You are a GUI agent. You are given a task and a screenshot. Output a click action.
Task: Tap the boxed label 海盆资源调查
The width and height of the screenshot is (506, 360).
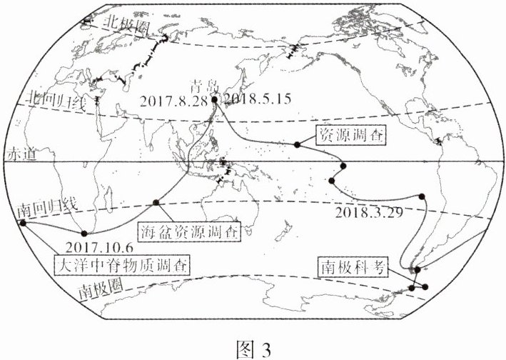coord(186,231)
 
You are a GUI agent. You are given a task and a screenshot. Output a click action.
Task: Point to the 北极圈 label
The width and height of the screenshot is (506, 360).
coord(126,23)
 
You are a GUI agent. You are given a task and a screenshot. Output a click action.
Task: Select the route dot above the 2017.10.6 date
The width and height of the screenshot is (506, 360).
coord(85,234)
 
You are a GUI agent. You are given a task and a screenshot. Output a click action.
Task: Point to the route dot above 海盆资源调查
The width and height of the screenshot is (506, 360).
coord(156,204)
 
